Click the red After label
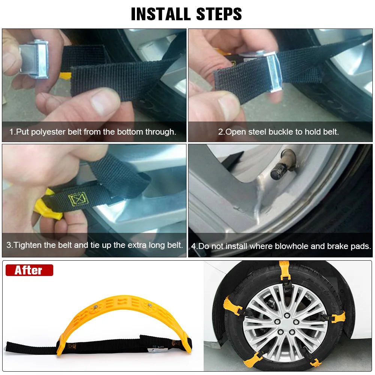coord(29,270)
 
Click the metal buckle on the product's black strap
coord(154,349)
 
